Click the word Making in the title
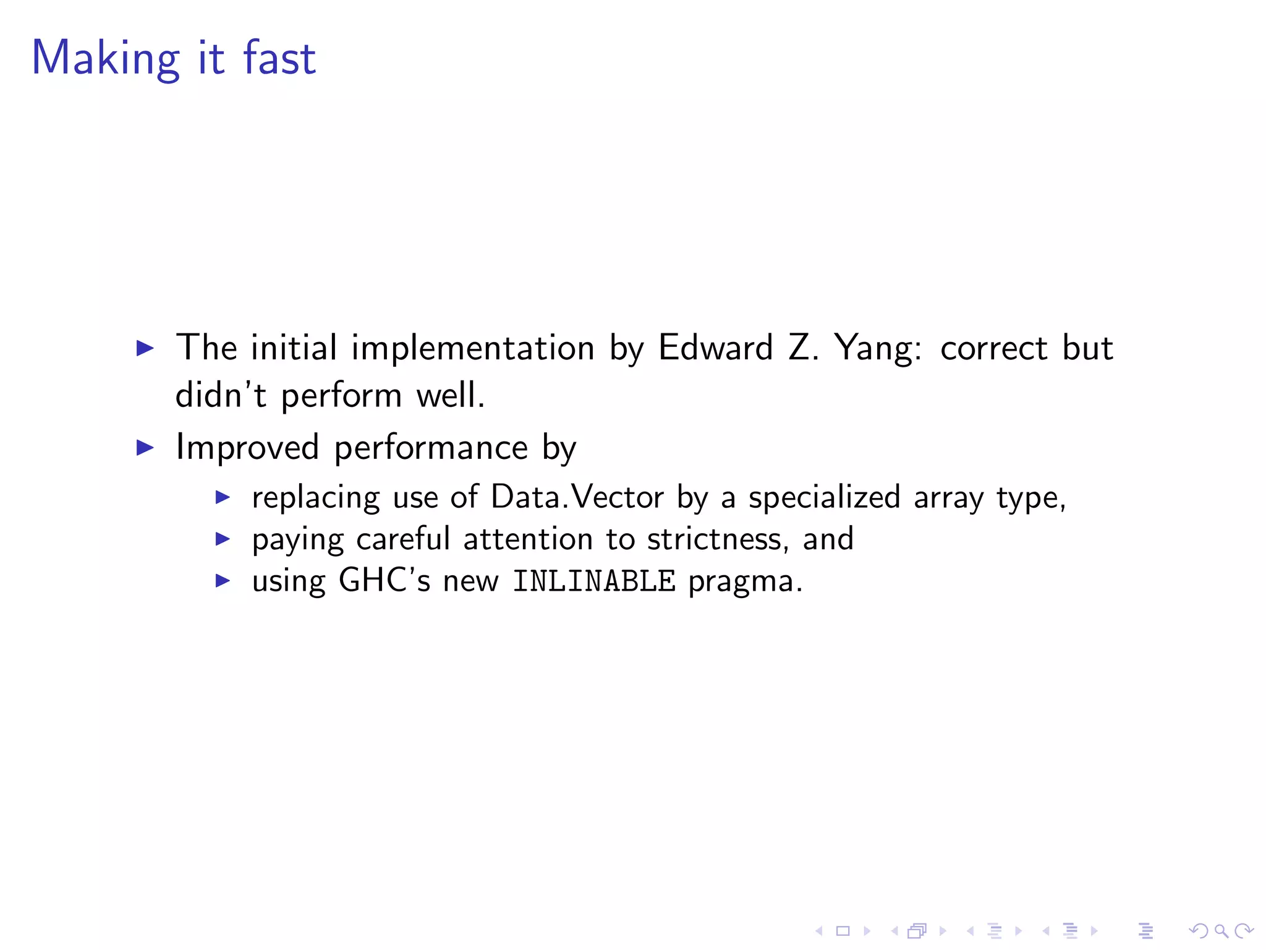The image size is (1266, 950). [x=105, y=58]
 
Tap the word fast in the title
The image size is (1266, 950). [x=279, y=58]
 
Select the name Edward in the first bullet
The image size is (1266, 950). [x=715, y=348]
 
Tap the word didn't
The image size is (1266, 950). [x=221, y=395]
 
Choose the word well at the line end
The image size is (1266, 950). [x=450, y=395]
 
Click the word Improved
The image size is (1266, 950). [x=247, y=447]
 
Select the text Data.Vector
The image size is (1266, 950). [x=577, y=497]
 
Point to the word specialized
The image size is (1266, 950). [x=824, y=497]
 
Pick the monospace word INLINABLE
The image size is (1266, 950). [x=594, y=581]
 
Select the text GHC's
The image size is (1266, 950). [x=384, y=581]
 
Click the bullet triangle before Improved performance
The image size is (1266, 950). [x=145, y=447]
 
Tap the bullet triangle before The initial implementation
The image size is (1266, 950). [x=145, y=348]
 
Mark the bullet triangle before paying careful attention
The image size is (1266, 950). [x=223, y=539]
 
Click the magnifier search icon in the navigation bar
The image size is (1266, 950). [x=1221, y=931]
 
